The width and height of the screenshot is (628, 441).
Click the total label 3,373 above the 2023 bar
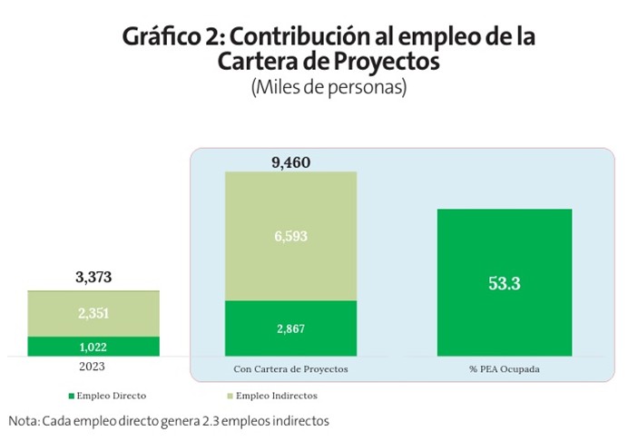(x=93, y=278)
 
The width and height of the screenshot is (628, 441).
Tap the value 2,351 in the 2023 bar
(x=93, y=314)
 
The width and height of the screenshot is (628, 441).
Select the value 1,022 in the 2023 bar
(x=93, y=347)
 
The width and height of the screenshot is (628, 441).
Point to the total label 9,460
(x=290, y=163)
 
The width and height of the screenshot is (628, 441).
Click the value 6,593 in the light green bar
(x=290, y=236)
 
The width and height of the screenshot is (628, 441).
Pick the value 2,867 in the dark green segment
(x=290, y=328)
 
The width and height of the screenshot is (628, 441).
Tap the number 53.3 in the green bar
(x=504, y=283)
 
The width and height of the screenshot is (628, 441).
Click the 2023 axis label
(x=93, y=367)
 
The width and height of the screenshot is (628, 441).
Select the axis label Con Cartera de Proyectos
(x=290, y=372)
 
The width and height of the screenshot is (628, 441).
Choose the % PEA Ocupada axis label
(x=505, y=372)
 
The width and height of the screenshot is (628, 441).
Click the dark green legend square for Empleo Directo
(x=71, y=397)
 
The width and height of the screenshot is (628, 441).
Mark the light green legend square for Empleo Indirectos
(x=228, y=397)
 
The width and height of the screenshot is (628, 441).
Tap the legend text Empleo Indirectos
(x=276, y=397)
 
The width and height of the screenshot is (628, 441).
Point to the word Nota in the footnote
(x=25, y=421)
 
